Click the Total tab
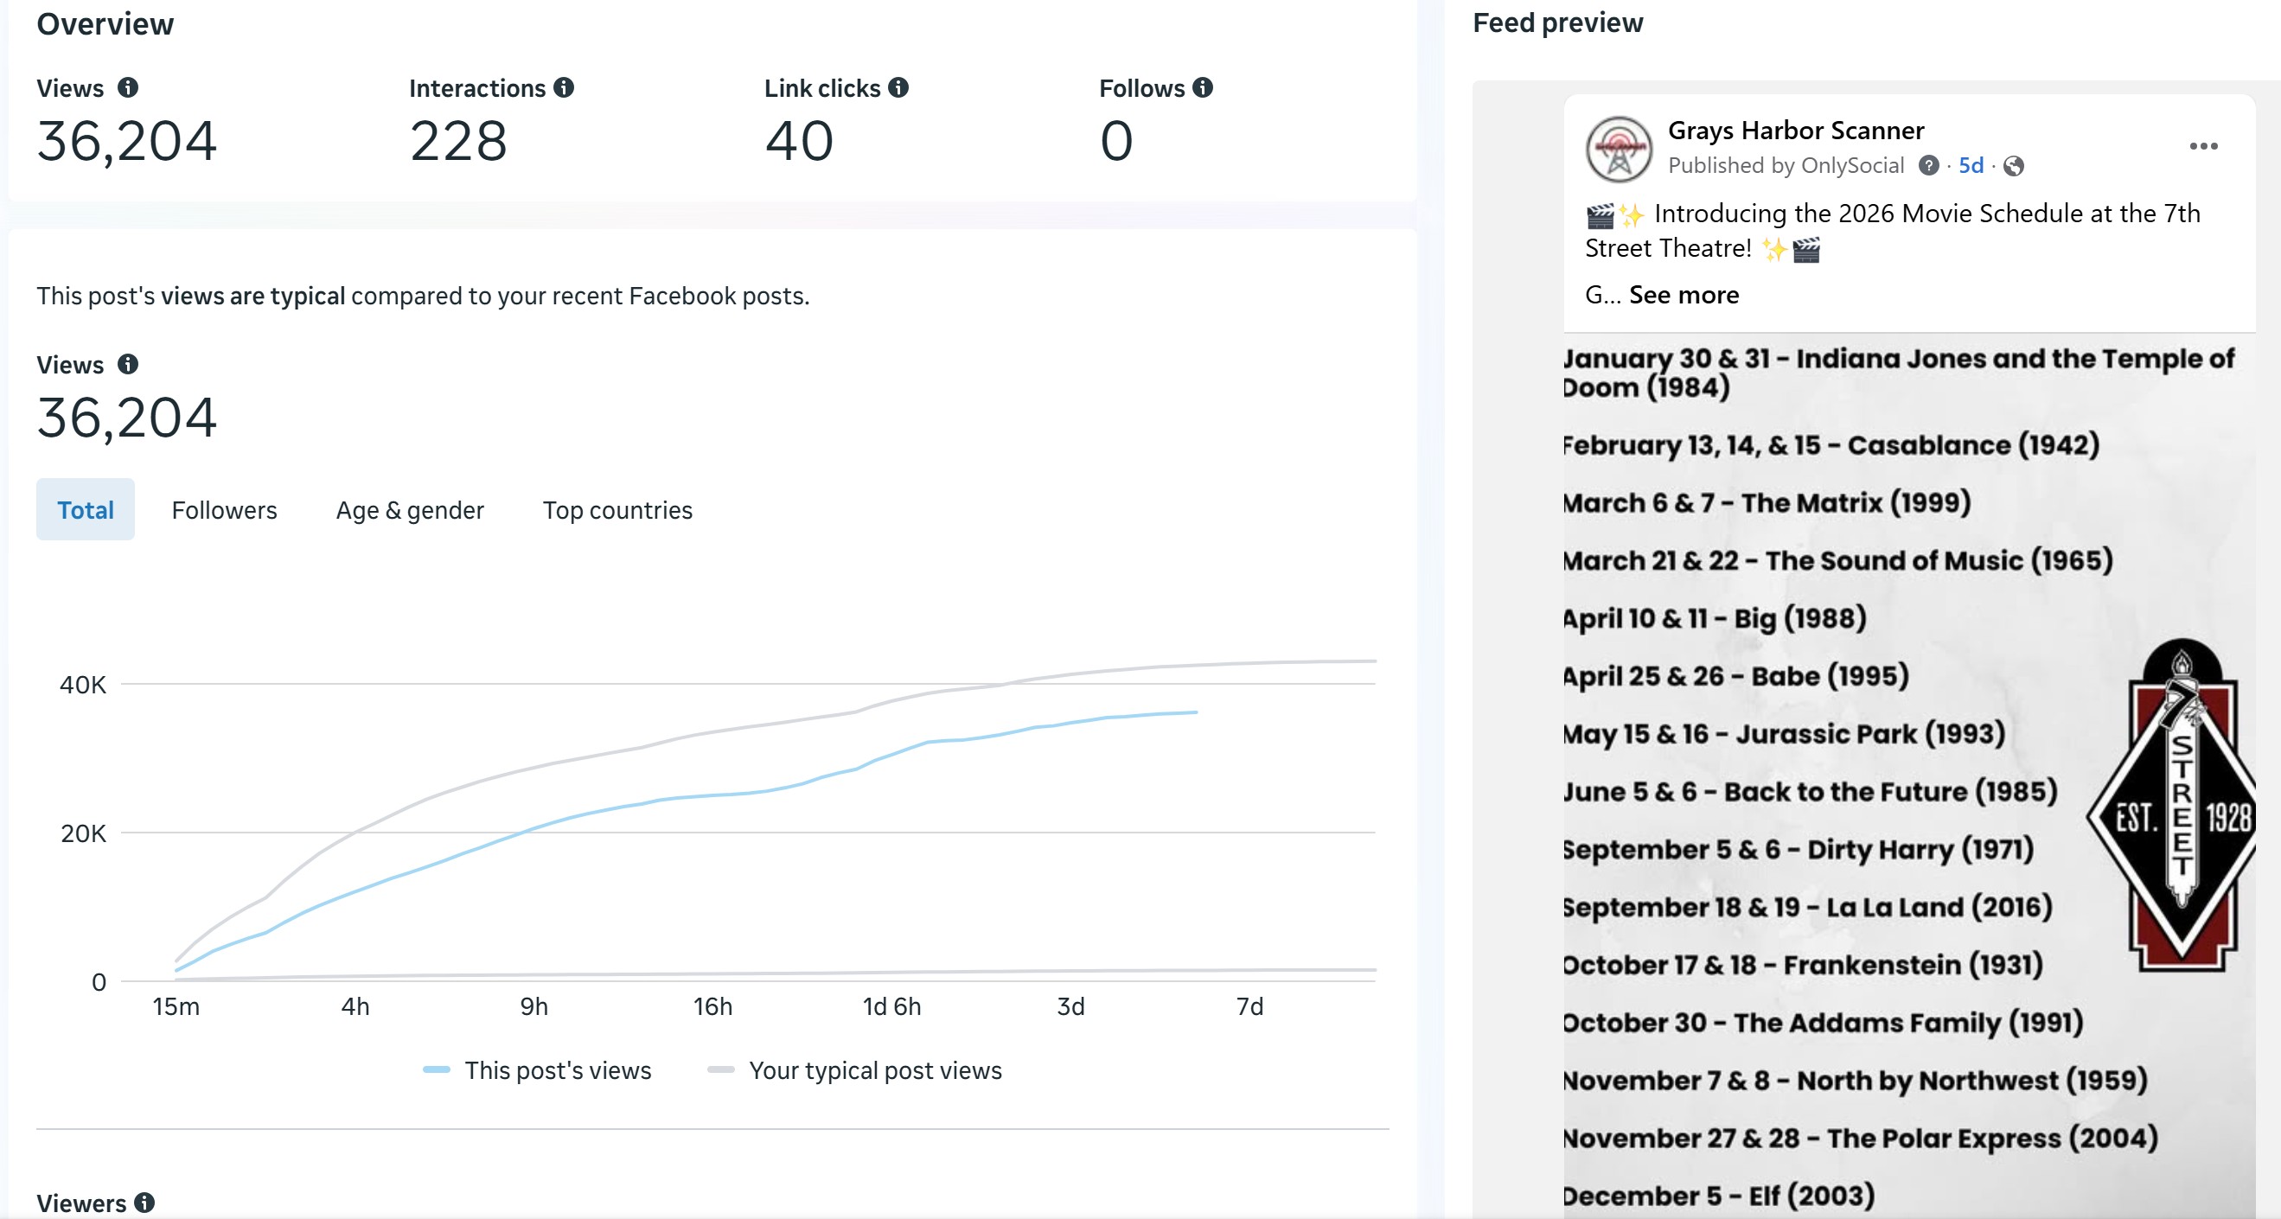click(x=85, y=510)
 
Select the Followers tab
click(x=224, y=510)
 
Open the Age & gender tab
click(x=409, y=510)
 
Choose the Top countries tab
click(x=617, y=510)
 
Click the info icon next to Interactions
click(x=564, y=87)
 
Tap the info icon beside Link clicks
click(x=898, y=87)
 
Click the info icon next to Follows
click(x=1203, y=87)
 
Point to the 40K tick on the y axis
click(x=82, y=685)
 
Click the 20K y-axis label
click(x=83, y=833)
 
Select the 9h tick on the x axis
click(x=534, y=1006)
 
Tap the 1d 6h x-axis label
click(x=891, y=1006)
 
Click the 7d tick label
click(x=1249, y=1006)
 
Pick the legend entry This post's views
click(x=557, y=1070)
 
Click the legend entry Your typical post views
click(x=874, y=1070)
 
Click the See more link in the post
click(x=1684, y=295)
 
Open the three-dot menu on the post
click(x=2203, y=146)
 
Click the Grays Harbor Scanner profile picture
click(x=1619, y=149)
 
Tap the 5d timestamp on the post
click(x=1971, y=165)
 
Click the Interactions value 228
click(x=457, y=141)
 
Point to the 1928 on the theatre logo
click(x=2228, y=817)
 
